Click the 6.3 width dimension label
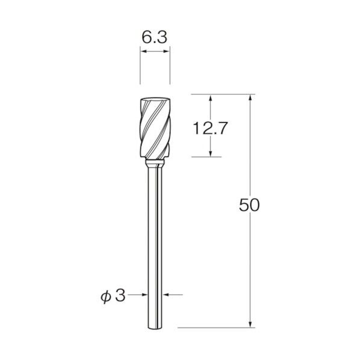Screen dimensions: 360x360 pos(154,37)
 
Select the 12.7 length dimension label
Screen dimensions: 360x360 pos(210,128)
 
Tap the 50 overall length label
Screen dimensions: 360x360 pos(249,205)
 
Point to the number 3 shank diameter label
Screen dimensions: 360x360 pos(120,295)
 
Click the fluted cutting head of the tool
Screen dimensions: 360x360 pos(155,128)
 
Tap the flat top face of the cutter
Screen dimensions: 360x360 pos(155,99)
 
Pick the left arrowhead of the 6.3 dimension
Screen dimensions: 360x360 pos(143,51)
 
